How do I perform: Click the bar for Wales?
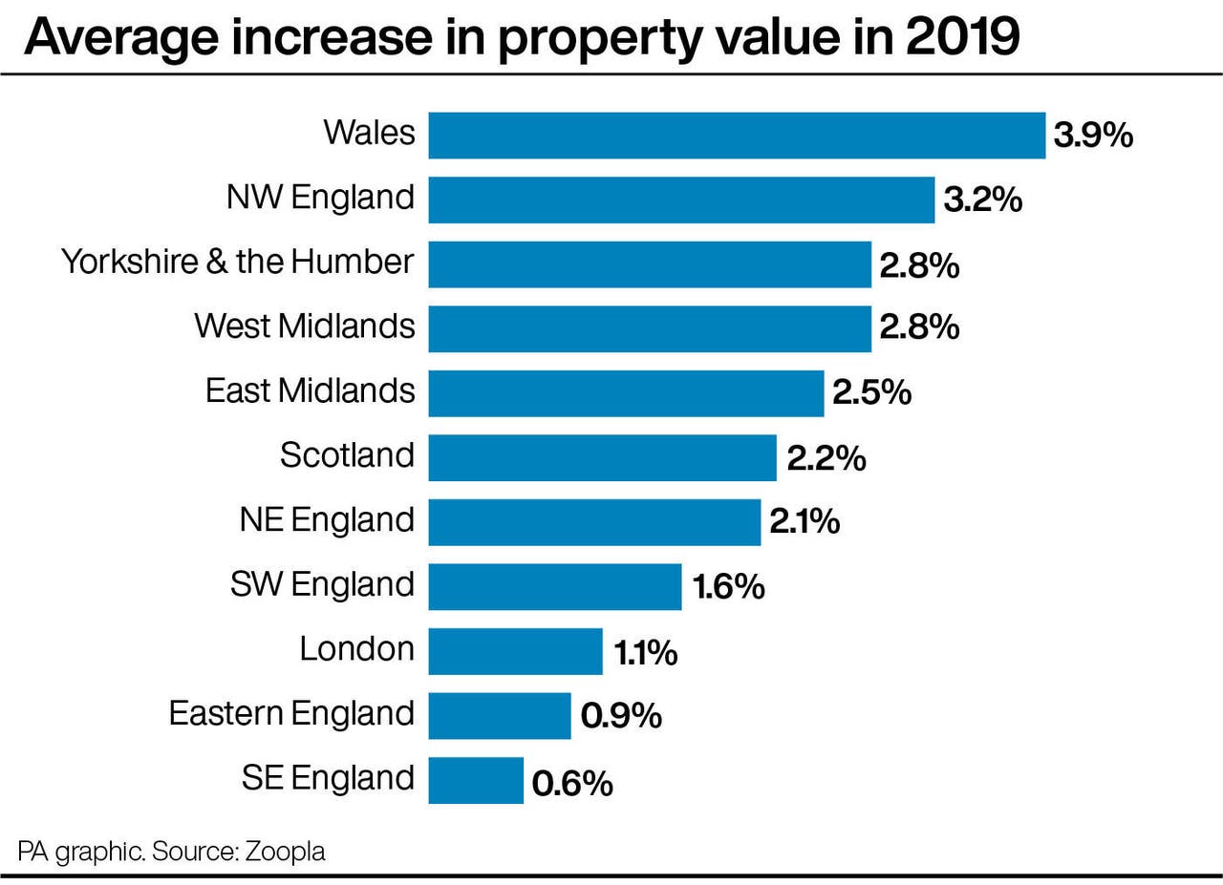[736, 135]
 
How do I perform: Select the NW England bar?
[680, 200]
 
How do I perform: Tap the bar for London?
[515, 651]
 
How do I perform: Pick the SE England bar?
[475, 780]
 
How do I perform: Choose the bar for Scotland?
[602, 457]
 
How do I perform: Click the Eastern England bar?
[499, 715]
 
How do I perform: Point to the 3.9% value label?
[1092, 136]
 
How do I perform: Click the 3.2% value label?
[982, 200]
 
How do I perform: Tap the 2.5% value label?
[871, 393]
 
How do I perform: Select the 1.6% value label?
[728, 587]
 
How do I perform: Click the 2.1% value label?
[804, 522]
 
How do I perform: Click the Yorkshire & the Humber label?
[238, 262]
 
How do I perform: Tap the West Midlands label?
[305, 327]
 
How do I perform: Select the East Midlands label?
[311, 390]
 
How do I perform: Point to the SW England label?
[322, 584]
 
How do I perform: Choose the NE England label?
[327, 520]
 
